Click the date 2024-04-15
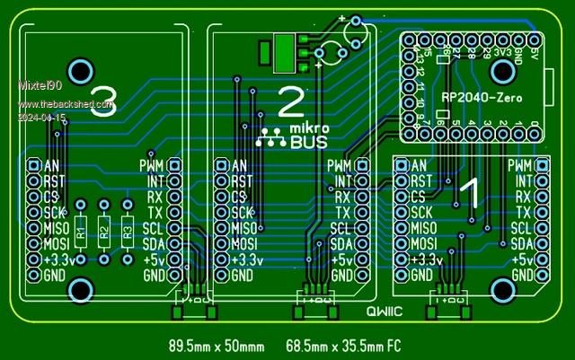click(x=42, y=118)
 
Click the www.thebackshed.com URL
click(x=66, y=105)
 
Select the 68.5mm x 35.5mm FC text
click(x=344, y=345)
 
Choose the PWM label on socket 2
click(x=340, y=166)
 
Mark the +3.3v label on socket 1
click(x=425, y=259)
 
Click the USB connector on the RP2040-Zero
click(x=550, y=92)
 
